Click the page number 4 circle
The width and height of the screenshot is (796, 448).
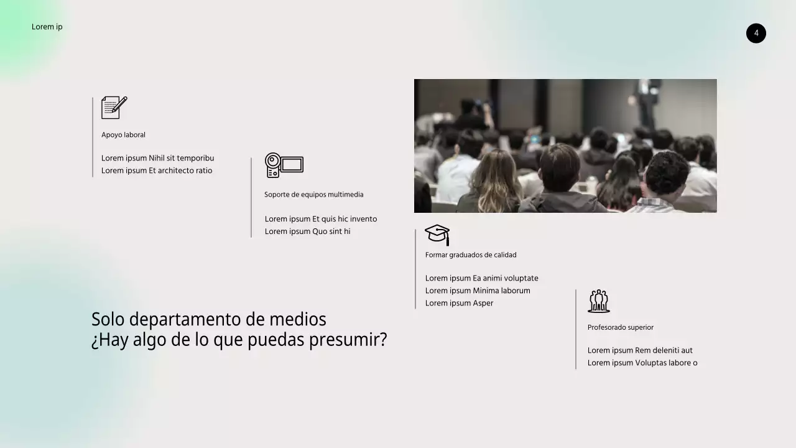click(756, 34)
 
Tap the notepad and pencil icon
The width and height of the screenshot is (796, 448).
click(114, 108)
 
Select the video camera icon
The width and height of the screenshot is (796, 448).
click(284, 165)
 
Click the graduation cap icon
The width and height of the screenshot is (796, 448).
click(437, 235)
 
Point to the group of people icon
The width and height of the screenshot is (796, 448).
click(598, 301)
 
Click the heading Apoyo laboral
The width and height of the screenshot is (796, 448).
click(123, 135)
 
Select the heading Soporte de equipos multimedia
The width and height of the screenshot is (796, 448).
click(313, 195)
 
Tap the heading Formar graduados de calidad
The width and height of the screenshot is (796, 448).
click(471, 255)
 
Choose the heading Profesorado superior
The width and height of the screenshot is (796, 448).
click(620, 327)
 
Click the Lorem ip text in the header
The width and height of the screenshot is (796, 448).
click(47, 27)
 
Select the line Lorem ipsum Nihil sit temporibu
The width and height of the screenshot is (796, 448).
click(157, 158)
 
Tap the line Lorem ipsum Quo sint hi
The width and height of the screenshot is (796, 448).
click(307, 231)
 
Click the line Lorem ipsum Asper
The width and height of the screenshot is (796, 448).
click(459, 303)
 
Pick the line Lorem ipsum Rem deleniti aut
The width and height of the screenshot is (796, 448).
click(640, 350)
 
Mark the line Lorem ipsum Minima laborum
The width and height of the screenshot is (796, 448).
click(478, 291)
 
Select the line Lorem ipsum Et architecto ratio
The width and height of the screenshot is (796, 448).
click(157, 170)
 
